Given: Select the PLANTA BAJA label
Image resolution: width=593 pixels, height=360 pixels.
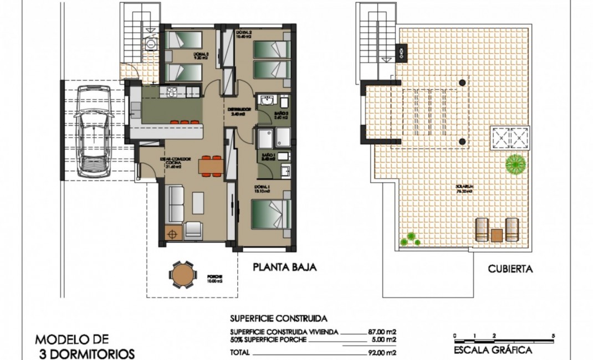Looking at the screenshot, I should coord(284,268).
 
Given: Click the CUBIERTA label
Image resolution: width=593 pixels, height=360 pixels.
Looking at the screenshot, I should coord(510,270).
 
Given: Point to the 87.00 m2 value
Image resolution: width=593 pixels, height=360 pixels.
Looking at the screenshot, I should coord(382,332).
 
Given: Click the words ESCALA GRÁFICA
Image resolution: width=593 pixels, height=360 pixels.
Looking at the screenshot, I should coord(493,350).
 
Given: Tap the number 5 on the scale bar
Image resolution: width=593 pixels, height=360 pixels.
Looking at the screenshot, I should coord(553,336).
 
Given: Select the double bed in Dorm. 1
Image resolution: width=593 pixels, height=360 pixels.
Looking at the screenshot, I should coord(271,214).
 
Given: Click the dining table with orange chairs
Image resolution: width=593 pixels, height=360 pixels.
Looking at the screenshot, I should coord(211,165).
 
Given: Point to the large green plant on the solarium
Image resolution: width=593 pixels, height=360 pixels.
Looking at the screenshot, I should coord(515,164).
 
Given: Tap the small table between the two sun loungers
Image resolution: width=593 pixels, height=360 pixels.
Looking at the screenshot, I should coord(497,234).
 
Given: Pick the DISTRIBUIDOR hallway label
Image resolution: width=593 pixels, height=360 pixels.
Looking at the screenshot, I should coord(240,110).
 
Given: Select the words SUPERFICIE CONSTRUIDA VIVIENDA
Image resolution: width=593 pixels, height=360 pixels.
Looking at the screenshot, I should coord(283,332).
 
